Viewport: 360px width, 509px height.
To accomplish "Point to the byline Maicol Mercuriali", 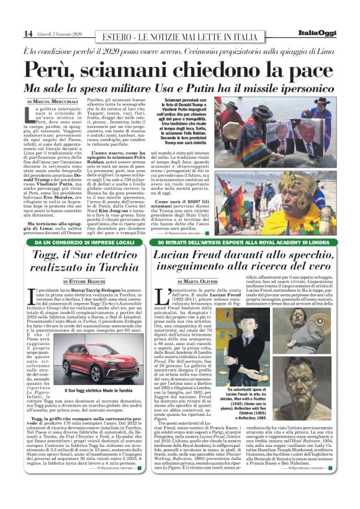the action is click(52, 101).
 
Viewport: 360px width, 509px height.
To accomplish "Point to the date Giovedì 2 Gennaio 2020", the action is click(60, 34).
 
